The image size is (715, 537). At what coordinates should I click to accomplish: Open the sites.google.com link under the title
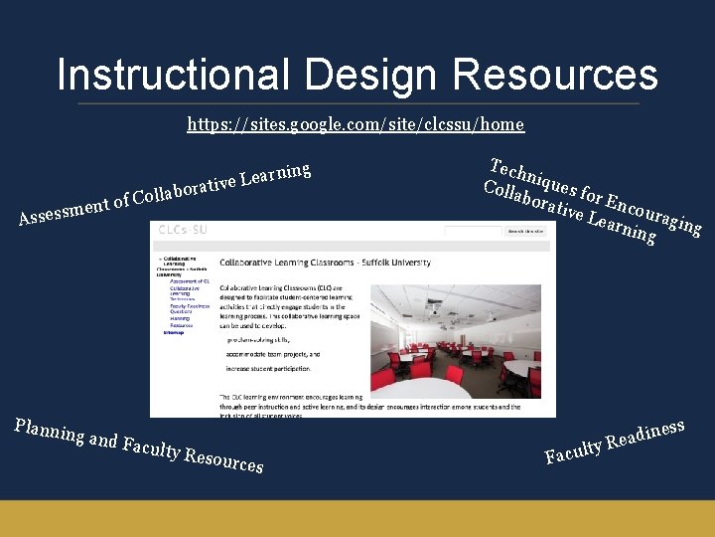356,124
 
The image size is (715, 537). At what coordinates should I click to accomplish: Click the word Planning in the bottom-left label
49,429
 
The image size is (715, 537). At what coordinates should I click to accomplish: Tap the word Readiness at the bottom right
646,435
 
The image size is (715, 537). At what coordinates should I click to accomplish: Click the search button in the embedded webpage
525,231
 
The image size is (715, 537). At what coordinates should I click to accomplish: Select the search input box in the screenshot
473,231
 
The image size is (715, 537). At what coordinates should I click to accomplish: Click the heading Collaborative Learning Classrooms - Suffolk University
325,262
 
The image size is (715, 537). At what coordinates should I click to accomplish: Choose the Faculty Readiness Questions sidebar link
184,307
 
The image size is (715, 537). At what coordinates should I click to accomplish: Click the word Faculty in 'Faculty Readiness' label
574,453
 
